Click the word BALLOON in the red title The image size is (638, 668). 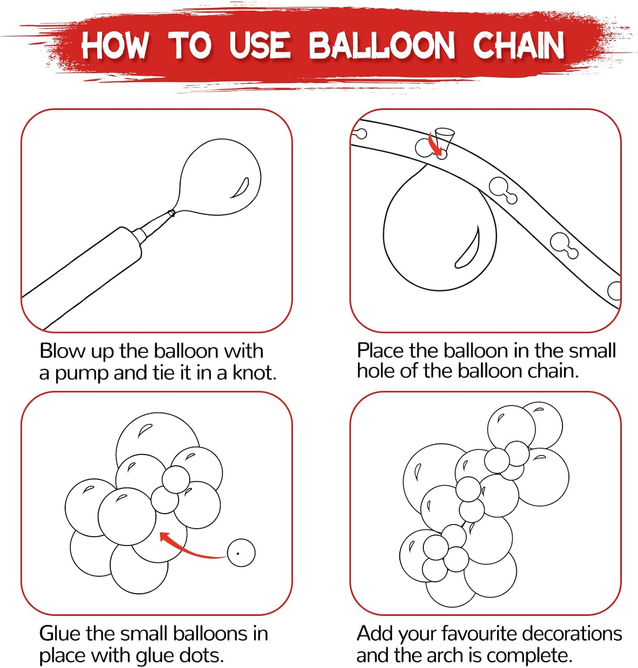(x=382, y=45)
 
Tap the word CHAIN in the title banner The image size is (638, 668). (x=518, y=45)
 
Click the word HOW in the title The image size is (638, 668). (x=115, y=45)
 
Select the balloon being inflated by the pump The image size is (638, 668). (x=219, y=177)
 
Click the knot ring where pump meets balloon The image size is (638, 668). (x=171, y=213)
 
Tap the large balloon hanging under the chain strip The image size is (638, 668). (x=439, y=231)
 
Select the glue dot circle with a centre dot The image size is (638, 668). (x=241, y=553)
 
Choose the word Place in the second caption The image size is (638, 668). (x=381, y=350)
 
